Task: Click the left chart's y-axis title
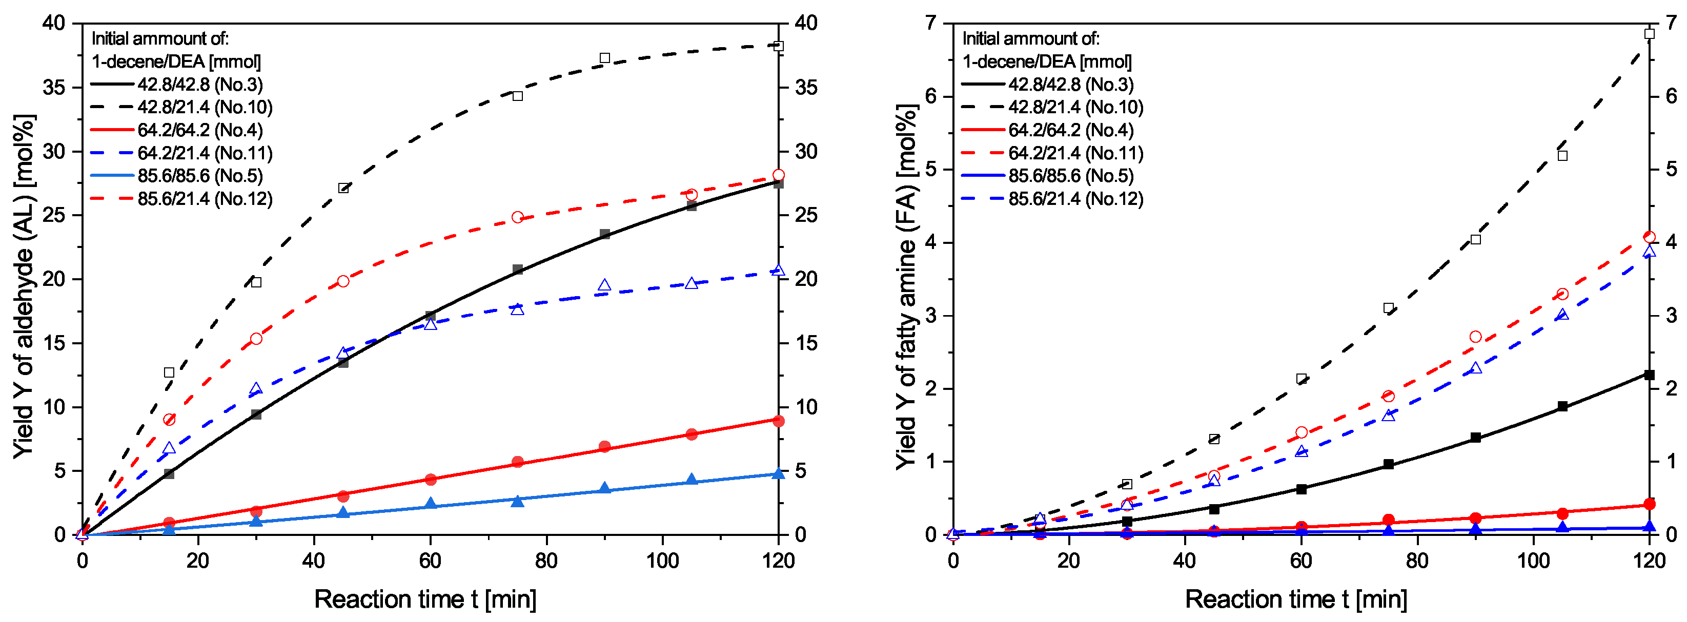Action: (24, 286)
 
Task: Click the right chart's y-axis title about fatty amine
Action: (906, 286)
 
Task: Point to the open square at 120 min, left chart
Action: (778, 46)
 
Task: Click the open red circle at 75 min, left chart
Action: (517, 217)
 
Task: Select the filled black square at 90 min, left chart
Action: (604, 234)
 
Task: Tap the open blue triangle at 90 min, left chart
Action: (604, 285)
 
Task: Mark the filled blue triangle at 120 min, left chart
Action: (778, 473)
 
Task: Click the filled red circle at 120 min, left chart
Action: (778, 421)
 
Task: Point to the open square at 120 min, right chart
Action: (1649, 34)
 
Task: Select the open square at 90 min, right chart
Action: (1475, 240)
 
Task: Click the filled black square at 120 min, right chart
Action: (1649, 375)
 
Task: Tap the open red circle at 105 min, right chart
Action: (1562, 294)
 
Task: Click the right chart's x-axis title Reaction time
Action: (1296, 599)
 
